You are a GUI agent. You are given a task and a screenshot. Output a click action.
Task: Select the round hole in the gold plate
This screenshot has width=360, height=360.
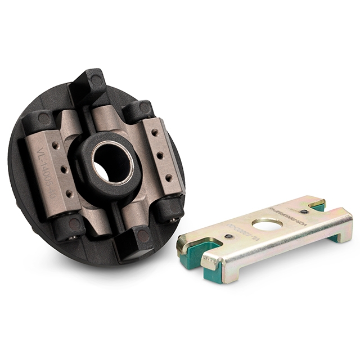(267, 224)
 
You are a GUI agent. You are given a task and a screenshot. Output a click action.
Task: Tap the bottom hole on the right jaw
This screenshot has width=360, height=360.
(168, 177)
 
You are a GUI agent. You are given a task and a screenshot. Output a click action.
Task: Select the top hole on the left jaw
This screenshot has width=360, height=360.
(56, 145)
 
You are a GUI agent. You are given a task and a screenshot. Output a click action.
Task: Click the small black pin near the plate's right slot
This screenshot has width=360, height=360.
(304, 211)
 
